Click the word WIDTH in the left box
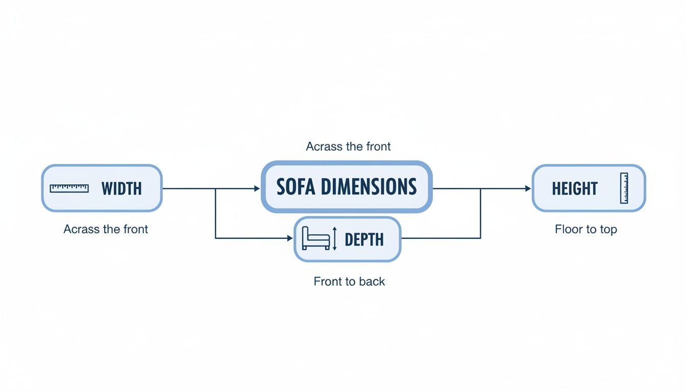click(121, 188)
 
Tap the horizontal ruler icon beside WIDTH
click(69, 188)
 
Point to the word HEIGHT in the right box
click(574, 188)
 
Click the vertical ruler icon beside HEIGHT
click(624, 188)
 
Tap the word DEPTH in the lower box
click(364, 239)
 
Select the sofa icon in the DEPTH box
click(315, 238)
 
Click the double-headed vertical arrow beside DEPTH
click(335, 239)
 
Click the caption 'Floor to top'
click(585, 229)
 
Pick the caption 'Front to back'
click(349, 281)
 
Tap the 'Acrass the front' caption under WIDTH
click(106, 229)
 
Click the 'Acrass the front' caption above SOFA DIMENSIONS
click(348, 146)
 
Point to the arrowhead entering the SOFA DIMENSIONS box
click(257, 188)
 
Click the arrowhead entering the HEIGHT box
click(528, 188)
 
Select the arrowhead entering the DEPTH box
click(290, 238)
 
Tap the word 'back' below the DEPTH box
click(372, 281)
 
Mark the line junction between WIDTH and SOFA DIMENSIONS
click(215, 188)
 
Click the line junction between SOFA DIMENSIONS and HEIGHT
click(481, 188)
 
